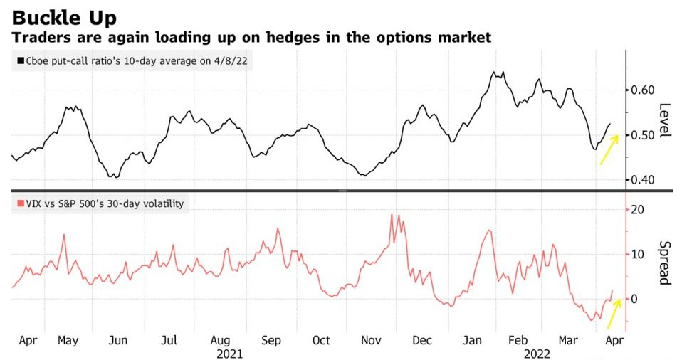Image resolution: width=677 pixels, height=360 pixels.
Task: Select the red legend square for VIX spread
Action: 18,204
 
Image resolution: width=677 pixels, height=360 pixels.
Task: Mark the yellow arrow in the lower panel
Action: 614,313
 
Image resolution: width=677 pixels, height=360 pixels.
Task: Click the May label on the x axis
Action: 68,341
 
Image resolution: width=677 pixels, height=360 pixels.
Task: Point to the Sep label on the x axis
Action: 271,341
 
